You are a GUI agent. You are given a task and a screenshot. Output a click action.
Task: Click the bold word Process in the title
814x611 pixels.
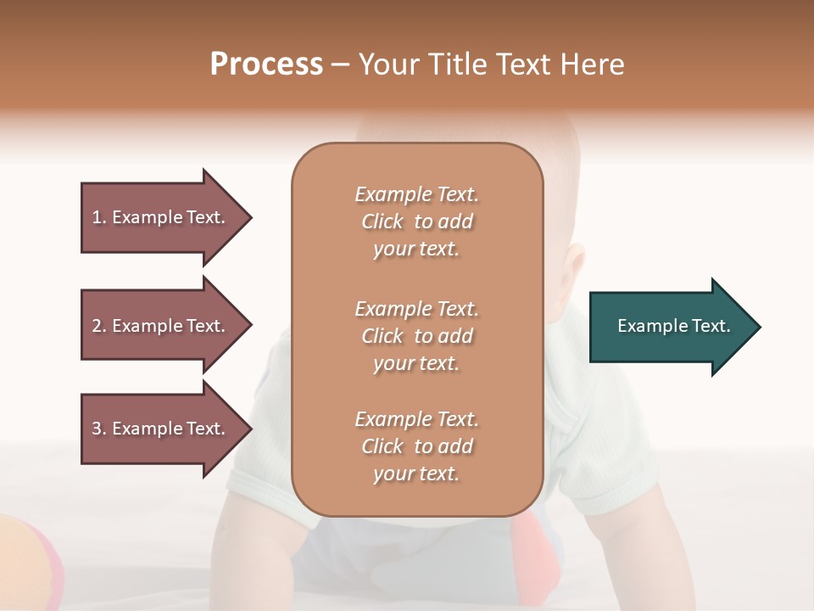pos(266,64)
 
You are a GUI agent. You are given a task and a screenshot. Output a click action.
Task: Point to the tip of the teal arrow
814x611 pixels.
pos(759,327)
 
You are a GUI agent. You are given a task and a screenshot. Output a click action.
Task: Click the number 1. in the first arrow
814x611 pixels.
pos(99,217)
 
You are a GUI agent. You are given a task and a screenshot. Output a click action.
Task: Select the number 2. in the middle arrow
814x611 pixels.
pos(99,326)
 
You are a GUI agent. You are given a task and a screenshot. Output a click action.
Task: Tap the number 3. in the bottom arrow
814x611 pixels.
pos(99,429)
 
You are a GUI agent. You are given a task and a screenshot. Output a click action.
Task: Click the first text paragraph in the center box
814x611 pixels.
pos(416,221)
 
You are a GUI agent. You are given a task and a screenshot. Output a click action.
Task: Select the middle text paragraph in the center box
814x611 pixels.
pos(416,335)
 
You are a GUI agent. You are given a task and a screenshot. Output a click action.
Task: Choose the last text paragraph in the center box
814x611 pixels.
pos(416,446)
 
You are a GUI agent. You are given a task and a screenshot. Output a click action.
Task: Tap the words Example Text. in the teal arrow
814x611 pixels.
pos(673,326)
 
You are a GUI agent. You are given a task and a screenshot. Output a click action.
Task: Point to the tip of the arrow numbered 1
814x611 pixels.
pos(251,217)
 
